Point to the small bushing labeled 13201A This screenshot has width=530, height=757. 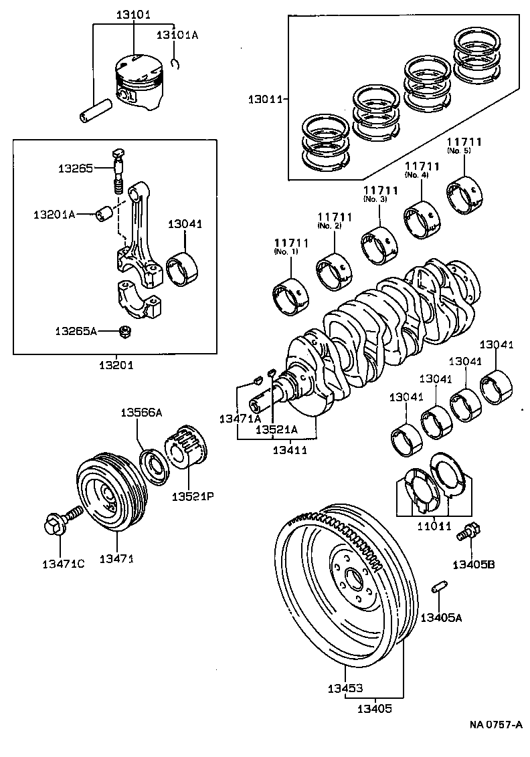tap(104, 214)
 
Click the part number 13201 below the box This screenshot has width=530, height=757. tap(115, 365)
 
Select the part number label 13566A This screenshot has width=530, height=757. tap(141, 413)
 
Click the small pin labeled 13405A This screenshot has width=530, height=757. tap(438, 586)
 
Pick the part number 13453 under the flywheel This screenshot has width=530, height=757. tap(345, 688)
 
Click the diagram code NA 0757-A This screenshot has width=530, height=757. tap(495, 725)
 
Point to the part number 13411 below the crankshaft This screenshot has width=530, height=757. tap(289, 450)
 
